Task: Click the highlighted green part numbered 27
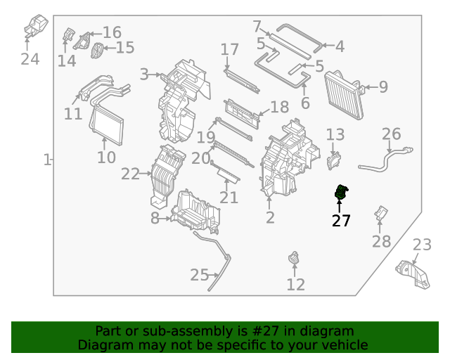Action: [x=341, y=193]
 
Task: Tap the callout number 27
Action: [x=341, y=221]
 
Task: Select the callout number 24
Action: [x=30, y=58]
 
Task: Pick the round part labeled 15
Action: [x=97, y=50]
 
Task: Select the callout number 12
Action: [x=296, y=284]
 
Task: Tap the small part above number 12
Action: [x=293, y=259]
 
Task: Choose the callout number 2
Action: [x=270, y=217]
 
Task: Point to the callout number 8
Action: [x=155, y=218]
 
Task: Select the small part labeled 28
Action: [x=380, y=213]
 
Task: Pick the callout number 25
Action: [x=200, y=274]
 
